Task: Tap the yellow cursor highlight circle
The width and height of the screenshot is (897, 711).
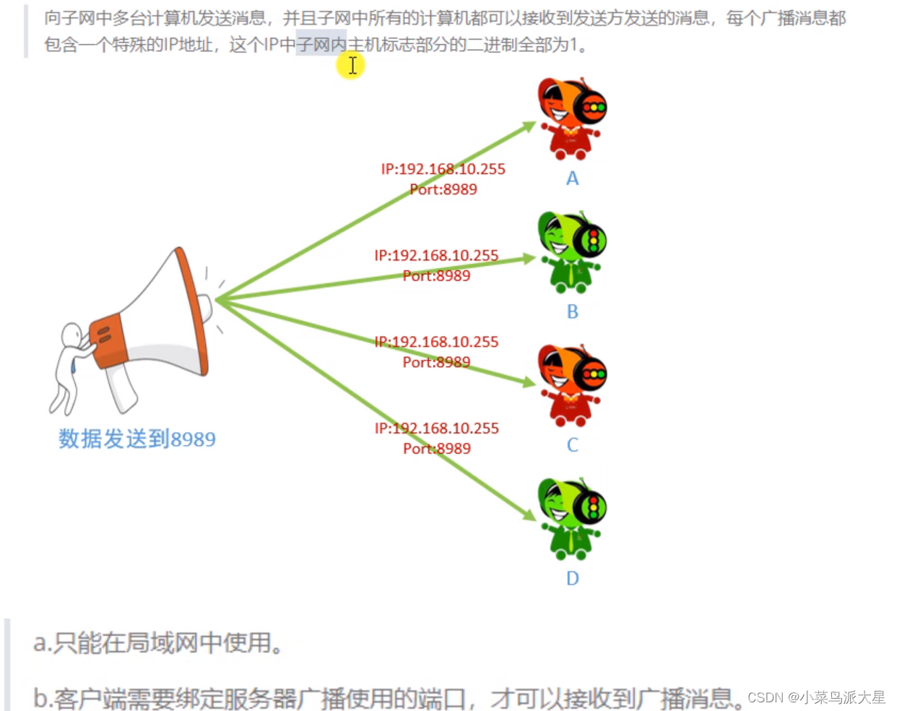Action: point(351,66)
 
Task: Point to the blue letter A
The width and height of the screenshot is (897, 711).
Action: point(573,178)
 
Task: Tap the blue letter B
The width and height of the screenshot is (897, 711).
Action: point(573,311)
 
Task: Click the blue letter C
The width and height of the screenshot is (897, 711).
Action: point(573,445)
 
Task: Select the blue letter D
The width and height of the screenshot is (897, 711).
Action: point(573,578)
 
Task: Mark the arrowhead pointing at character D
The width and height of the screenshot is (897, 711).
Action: point(529,514)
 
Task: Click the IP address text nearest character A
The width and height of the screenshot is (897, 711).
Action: point(443,169)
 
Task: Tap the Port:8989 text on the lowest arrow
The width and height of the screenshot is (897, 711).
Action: point(437,449)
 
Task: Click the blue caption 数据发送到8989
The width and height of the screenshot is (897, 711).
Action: point(136,439)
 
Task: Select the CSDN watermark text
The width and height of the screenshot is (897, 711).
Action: point(816,697)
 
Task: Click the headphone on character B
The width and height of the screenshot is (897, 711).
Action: point(594,241)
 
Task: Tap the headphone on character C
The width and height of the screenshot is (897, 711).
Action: point(594,374)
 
